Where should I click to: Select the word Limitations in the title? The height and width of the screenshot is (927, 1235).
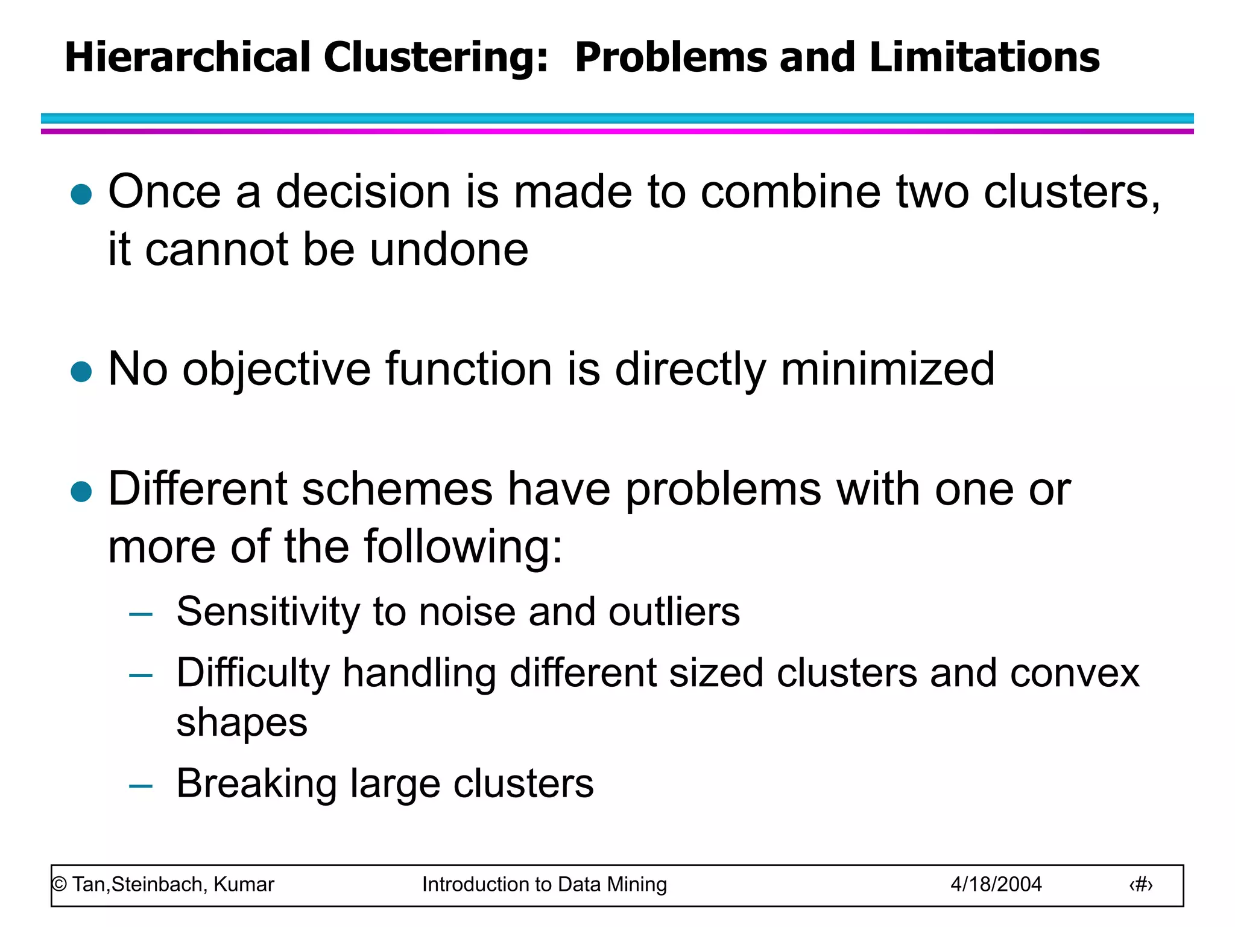[985, 57]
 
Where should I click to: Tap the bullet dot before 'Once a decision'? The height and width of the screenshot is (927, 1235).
[81, 194]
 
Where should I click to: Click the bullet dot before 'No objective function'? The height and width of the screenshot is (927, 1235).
[81, 372]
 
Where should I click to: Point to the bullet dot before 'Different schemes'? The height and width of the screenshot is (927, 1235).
[81, 491]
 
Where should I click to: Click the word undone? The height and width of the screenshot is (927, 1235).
[449, 250]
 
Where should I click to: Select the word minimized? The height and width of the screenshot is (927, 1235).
[888, 369]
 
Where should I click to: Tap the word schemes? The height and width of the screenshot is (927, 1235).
[397, 489]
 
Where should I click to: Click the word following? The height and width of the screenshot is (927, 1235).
[463, 547]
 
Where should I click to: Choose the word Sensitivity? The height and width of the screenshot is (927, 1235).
[268, 612]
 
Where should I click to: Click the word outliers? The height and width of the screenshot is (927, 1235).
[674, 612]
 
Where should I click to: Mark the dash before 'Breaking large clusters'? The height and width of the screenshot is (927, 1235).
[141, 786]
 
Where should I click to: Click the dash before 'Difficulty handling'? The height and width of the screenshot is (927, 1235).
[141, 675]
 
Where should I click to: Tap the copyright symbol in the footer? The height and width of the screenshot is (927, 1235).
[59, 885]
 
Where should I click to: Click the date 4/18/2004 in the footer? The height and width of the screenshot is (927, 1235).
[996, 885]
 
